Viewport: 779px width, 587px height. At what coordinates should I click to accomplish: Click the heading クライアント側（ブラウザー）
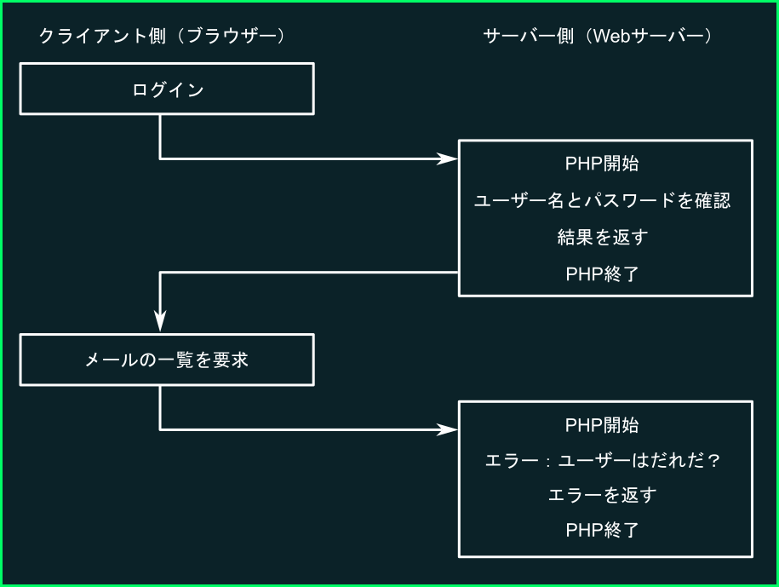click(162, 36)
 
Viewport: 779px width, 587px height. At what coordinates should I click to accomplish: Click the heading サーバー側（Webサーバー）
click(598, 36)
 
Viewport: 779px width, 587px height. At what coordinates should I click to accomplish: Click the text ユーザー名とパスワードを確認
click(602, 200)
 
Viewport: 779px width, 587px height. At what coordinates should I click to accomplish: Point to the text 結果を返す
click(602, 237)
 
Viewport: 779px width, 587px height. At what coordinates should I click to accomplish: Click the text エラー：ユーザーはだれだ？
click(602, 460)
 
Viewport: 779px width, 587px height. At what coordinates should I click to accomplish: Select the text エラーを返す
click(602, 495)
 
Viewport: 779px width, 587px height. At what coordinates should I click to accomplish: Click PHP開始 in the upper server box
click(602, 164)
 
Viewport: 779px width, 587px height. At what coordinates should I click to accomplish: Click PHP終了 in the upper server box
click(602, 273)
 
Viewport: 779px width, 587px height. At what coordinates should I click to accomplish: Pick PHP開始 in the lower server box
click(602, 425)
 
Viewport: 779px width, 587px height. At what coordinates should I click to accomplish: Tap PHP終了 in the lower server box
click(602, 530)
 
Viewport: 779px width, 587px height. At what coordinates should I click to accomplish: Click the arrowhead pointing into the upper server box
click(447, 158)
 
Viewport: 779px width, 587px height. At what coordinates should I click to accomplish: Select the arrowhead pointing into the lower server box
click(447, 429)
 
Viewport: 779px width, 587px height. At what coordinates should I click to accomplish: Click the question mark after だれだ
click(714, 460)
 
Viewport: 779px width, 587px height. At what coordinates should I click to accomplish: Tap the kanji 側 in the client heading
click(157, 36)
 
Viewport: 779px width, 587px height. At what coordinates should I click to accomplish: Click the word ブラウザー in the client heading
click(232, 36)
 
